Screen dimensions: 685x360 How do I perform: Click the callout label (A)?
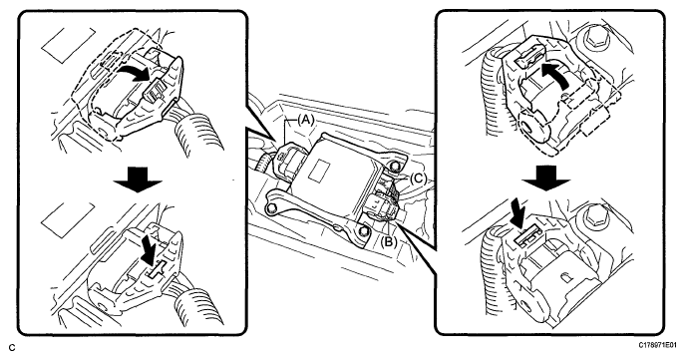[x=305, y=120]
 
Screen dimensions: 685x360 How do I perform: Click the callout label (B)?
[x=389, y=241]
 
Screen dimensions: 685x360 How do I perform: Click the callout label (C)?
[x=418, y=179]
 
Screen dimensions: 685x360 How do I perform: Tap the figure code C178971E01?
[x=660, y=345]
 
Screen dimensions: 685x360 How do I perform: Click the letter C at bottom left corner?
[x=12, y=348]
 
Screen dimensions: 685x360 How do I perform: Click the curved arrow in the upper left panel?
[x=136, y=73]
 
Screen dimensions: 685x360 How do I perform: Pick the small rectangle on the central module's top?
[x=321, y=168]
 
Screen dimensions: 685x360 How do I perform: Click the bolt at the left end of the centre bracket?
[x=272, y=206]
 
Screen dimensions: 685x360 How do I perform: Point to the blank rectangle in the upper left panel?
[x=67, y=45]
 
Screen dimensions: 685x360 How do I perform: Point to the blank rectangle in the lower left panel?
[x=67, y=219]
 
